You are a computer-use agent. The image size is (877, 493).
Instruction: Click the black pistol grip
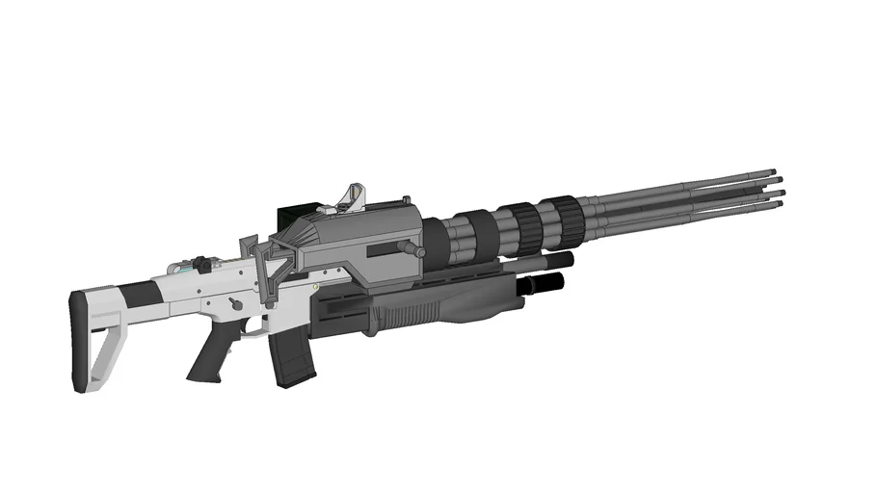click(209, 359)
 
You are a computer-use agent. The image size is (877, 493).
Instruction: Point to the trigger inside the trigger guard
click(252, 327)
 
